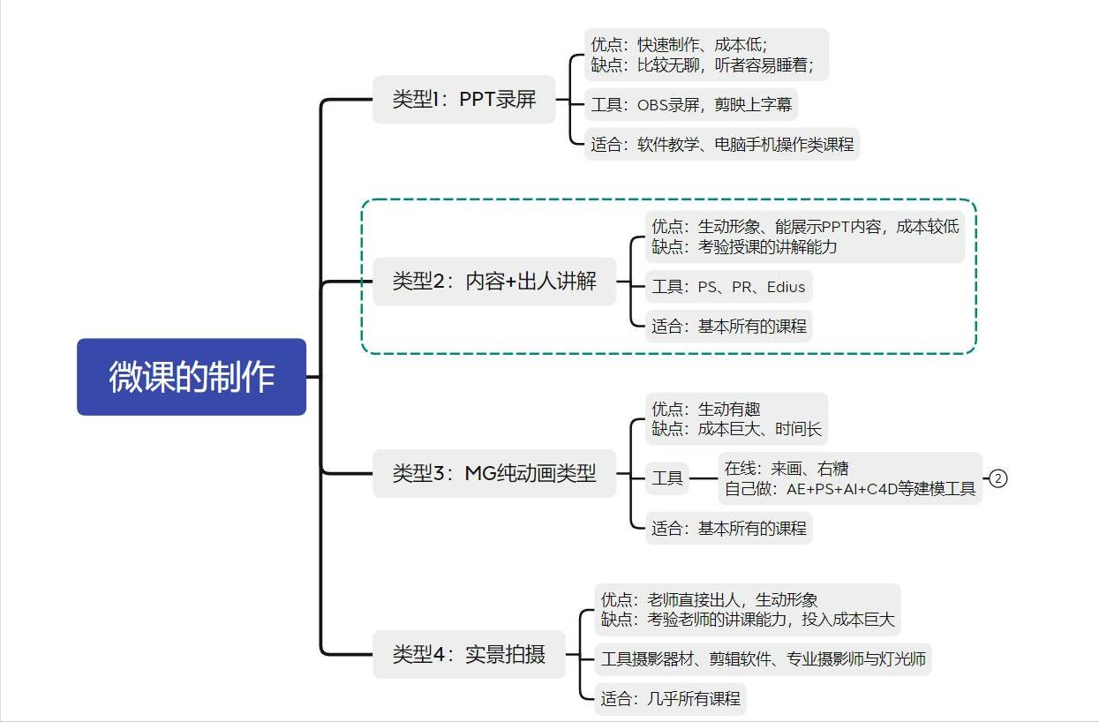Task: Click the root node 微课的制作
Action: click(x=192, y=377)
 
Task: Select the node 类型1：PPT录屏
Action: click(x=463, y=100)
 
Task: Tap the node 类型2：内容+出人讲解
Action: click(x=494, y=282)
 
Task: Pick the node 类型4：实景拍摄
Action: click(x=469, y=655)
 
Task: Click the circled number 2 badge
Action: click(x=997, y=478)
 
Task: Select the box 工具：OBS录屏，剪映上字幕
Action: click(x=691, y=105)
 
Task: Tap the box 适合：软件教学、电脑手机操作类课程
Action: click(x=722, y=144)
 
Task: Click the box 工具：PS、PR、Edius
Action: click(x=728, y=287)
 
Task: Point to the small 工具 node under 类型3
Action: click(x=667, y=478)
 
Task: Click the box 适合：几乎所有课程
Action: click(x=670, y=698)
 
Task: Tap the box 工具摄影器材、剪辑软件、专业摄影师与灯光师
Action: click(x=763, y=658)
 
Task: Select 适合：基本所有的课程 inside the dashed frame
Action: click(x=728, y=326)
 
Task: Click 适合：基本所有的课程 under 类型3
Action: click(x=728, y=529)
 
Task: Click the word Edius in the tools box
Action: click(x=786, y=287)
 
